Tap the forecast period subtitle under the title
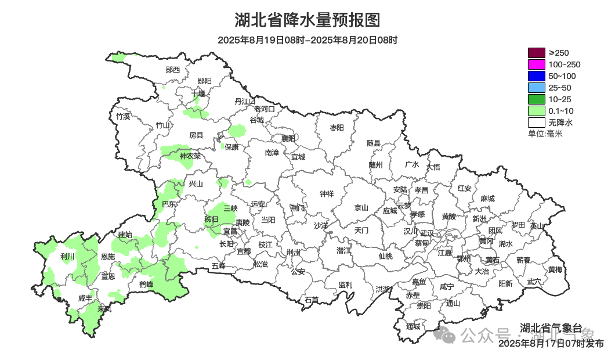(307, 40)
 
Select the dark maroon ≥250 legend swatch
(536, 53)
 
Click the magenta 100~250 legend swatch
(536, 64)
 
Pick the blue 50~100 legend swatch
(536, 76)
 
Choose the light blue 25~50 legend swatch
(536, 88)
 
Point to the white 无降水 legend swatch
(536, 123)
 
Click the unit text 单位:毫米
(545, 134)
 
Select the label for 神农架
(190, 156)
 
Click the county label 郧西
(173, 70)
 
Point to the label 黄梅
(555, 269)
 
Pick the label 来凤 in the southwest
(105, 308)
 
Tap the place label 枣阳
(337, 127)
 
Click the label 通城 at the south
(413, 326)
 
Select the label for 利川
(67, 256)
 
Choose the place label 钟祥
(327, 194)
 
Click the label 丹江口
(245, 101)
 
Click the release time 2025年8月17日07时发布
(551, 344)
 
